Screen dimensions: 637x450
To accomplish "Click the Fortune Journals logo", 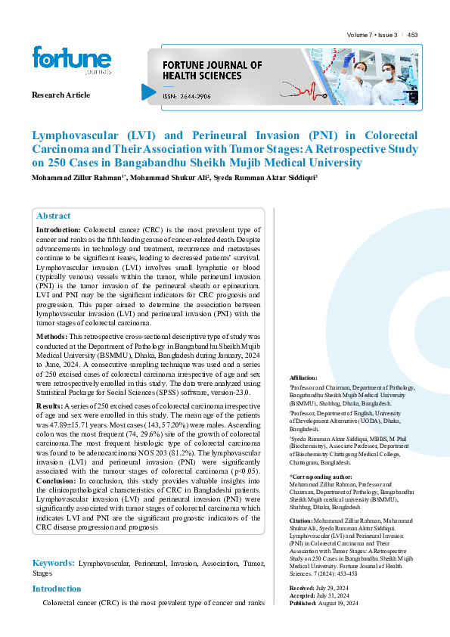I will [x=71, y=61].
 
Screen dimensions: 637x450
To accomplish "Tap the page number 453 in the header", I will [x=413, y=35].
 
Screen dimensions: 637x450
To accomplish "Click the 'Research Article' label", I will [x=61, y=95].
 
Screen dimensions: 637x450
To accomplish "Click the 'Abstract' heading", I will [x=53, y=216].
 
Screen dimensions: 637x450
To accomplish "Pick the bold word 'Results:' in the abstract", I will [x=50, y=406].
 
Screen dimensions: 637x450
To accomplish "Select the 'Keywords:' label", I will [x=53, y=564].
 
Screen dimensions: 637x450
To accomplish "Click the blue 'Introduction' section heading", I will [x=57, y=589].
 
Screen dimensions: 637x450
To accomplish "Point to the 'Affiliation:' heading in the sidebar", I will [x=304, y=377].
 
